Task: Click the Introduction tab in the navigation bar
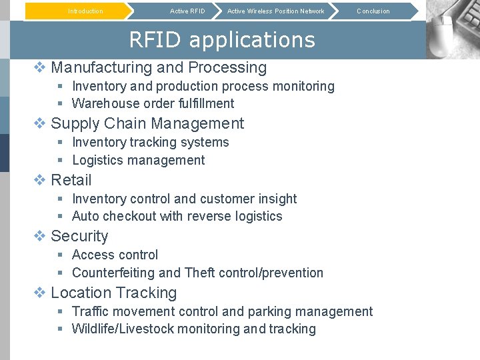click(85, 11)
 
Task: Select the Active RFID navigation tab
click(187, 11)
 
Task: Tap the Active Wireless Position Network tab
click(275, 11)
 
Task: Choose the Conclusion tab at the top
click(373, 11)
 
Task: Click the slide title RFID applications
click(221, 40)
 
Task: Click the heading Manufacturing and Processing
click(159, 67)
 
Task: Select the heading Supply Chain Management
click(147, 123)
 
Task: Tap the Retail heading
click(71, 180)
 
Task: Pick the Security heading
click(79, 236)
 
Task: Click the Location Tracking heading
click(114, 293)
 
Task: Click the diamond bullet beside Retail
click(40, 180)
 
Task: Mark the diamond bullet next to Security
click(40, 236)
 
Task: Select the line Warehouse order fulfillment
click(153, 103)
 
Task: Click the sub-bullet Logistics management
click(138, 160)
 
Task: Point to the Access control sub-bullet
click(115, 255)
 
